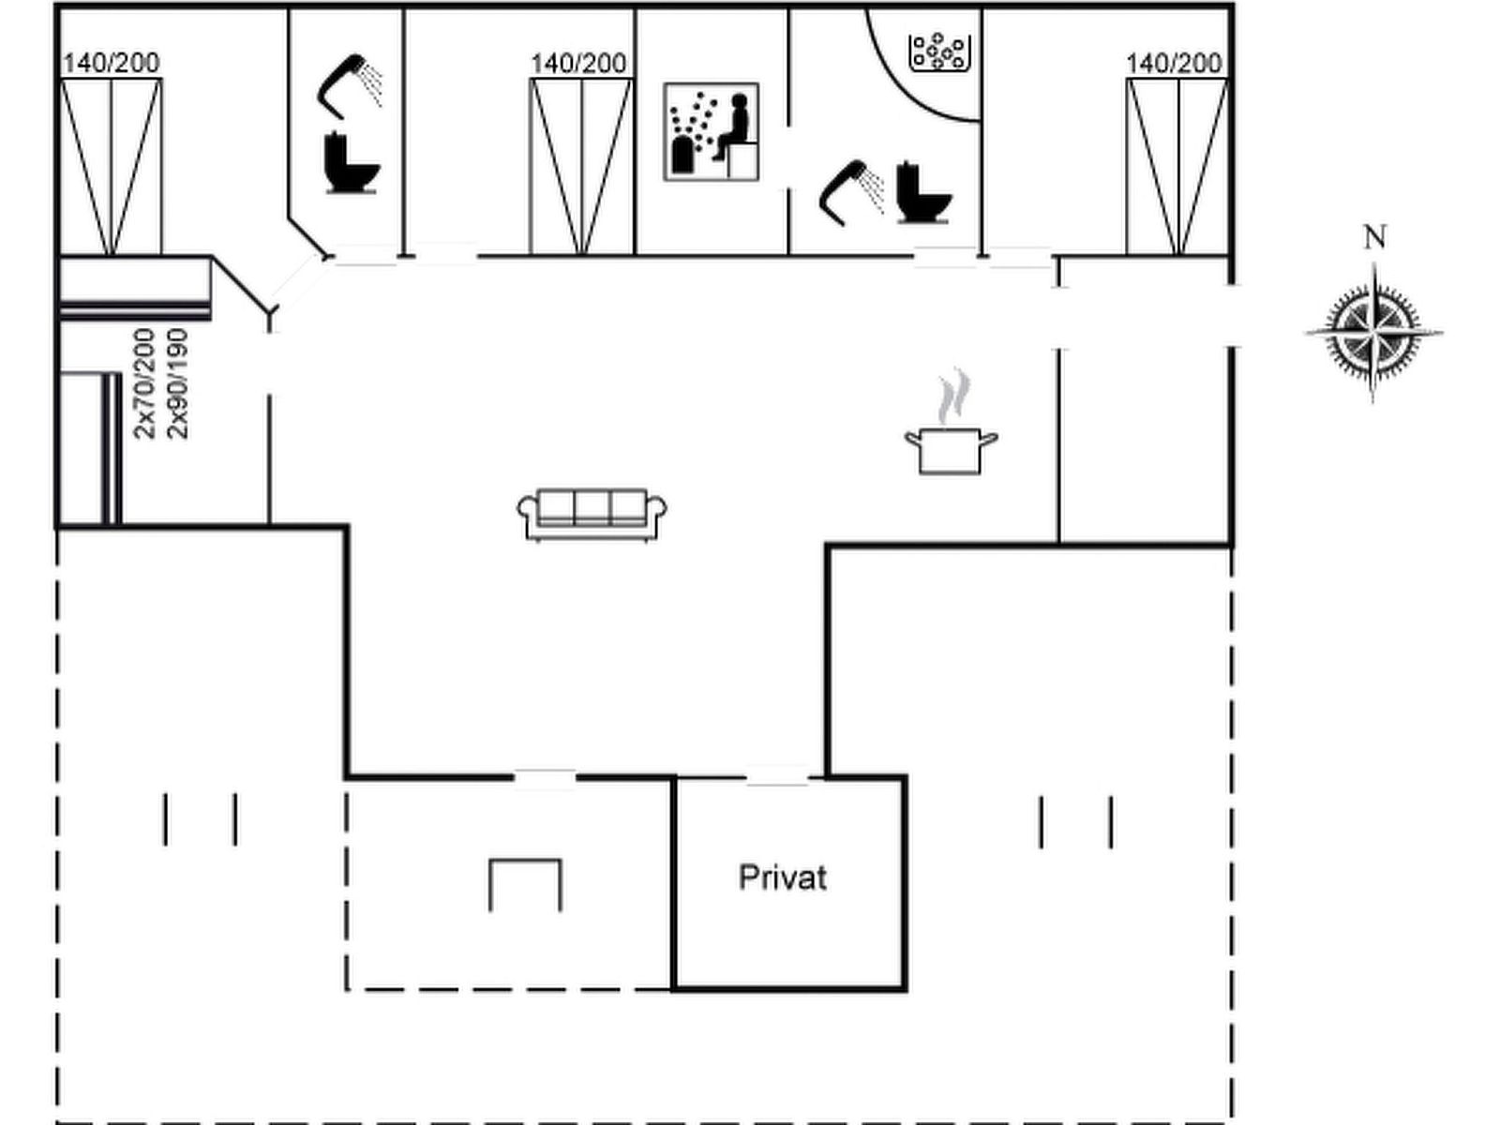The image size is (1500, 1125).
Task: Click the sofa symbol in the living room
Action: (x=592, y=514)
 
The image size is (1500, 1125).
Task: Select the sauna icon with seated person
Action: (x=711, y=131)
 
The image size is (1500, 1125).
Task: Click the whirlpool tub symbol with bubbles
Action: (x=937, y=52)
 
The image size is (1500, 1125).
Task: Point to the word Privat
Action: (x=783, y=878)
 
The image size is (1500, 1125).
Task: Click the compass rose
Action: (x=1373, y=332)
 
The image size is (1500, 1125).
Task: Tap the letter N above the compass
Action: (x=1374, y=238)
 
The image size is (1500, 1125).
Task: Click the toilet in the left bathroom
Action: (x=352, y=165)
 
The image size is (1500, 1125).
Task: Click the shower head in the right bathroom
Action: (x=850, y=191)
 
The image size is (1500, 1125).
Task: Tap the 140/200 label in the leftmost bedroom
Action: (x=111, y=63)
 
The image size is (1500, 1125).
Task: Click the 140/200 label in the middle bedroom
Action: (x=578, y=63)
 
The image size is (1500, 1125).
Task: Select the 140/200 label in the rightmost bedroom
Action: (x=1174, y=63)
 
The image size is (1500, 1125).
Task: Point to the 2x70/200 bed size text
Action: (x=144, y=383)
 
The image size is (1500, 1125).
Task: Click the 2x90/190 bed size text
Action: (x=177, y=383)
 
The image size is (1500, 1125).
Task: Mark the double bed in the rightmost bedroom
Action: (x=1177, y=167)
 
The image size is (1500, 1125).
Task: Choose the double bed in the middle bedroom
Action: (x=581, y=167)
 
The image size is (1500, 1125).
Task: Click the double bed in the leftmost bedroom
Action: (x=112, y=167)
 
